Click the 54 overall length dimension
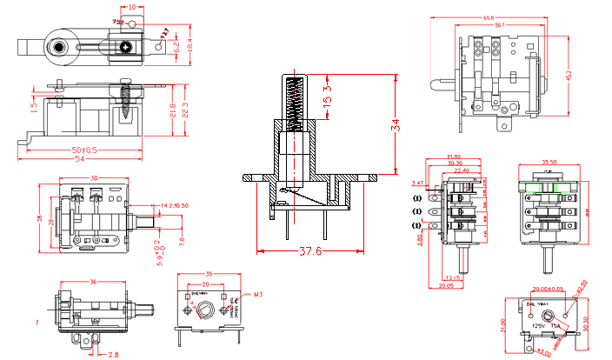(x=83, y=160)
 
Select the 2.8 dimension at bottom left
(x=114, y=354)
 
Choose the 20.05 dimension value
(x=447, y=284)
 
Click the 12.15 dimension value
(x=454, y=277)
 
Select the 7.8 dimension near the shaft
(x=181, y=242)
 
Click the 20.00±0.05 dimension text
(x=548, y=290)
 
